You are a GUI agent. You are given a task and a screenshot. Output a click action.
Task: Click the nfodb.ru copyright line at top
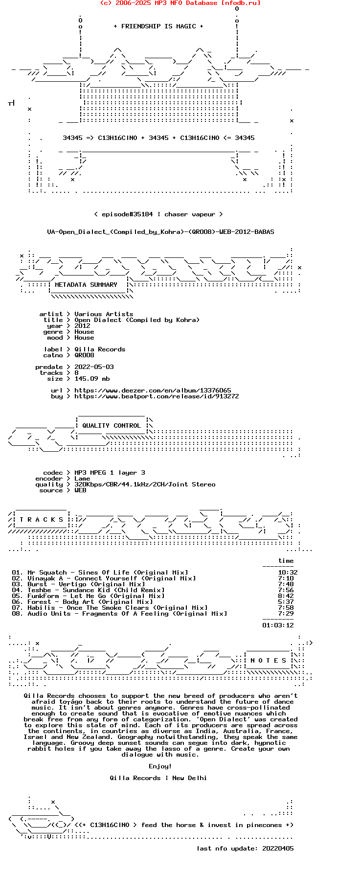point(180,3)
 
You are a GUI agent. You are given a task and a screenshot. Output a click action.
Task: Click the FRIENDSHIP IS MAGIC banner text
point(158,26)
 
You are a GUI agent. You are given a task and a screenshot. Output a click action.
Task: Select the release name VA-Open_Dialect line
point(160,232)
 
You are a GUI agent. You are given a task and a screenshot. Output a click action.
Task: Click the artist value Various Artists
point(104,314)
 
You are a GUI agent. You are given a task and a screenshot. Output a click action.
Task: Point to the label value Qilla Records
point(100,349)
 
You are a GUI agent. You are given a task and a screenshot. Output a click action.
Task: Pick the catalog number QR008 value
point(84,355)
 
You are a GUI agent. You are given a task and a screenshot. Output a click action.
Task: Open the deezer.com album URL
point(153,391)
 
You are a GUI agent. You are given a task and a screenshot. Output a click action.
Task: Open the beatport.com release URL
point(157,396)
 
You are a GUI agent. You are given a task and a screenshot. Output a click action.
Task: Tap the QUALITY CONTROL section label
point(112,426)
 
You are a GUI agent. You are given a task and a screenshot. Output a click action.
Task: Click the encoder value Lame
point(82,479)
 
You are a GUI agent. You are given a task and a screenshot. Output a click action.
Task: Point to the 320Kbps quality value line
point(145,484)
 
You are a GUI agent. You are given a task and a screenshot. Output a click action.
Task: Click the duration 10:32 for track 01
point(288,573)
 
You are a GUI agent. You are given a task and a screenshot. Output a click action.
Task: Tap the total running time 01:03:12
point(278,625)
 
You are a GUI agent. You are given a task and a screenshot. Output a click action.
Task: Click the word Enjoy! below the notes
point(160,766)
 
